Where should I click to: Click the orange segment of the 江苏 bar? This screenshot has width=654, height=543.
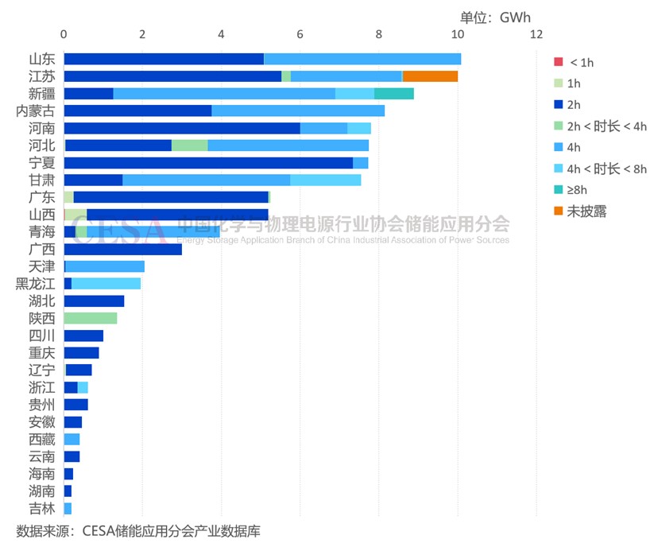(x=430, y=76)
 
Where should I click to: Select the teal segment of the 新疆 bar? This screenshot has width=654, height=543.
(x=393, y=94)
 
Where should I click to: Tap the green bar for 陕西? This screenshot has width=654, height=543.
(x=90, y=318)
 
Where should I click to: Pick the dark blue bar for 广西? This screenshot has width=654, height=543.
(x=122, y=250)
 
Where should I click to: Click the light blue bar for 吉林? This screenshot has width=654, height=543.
(x=68, y=508)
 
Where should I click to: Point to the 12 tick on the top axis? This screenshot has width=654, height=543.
(x=536, y=34)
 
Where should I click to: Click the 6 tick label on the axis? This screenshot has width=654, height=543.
(x=300, y=34)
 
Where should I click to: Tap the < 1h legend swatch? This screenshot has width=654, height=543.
(x=559, y=62)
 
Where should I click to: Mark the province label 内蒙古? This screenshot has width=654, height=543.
(x=36, y=111)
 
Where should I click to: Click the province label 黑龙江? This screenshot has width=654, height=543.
(x=36, y=284)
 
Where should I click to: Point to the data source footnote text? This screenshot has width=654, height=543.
(x=138, y=530)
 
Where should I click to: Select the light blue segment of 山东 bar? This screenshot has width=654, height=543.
(x=362, y=59)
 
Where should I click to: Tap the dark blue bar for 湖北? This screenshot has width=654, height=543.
(x=94, y=301)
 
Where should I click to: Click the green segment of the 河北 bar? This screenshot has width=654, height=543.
(x=189, y=145)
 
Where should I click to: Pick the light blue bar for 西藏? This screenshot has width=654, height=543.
(x=72, y=440)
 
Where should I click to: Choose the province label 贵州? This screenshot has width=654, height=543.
(x=42, y=405)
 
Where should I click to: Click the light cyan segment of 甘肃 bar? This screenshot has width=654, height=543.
(x=325, y=180)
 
